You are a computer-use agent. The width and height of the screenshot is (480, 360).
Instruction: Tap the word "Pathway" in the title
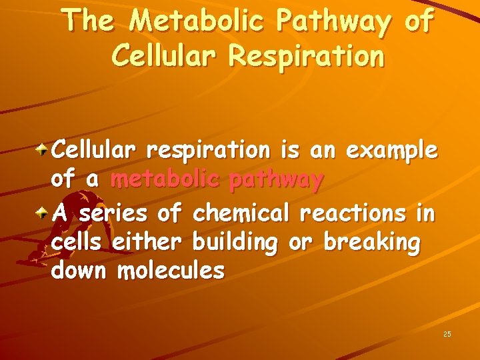[x=327, y=23]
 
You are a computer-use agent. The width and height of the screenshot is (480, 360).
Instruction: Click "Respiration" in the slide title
[x=307, y=56]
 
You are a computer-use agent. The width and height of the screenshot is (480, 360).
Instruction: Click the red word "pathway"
[x=277, y=181]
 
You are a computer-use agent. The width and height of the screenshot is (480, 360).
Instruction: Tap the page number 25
[x=447, y=333]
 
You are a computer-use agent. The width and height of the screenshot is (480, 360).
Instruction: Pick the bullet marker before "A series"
[x=43, y=213]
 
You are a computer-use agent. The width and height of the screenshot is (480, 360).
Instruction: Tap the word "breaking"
[x=372, y=244]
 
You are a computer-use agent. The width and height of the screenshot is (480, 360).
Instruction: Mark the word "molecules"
[x=171, y=271]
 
